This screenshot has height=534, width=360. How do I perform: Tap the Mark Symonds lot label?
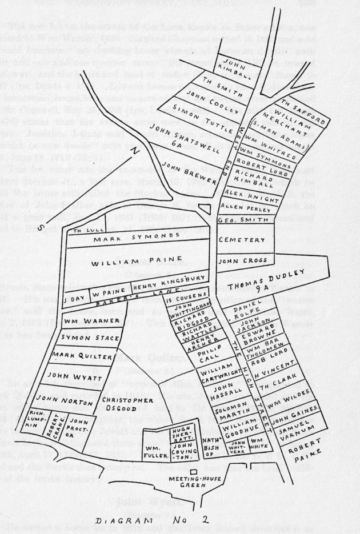[117, 239]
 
